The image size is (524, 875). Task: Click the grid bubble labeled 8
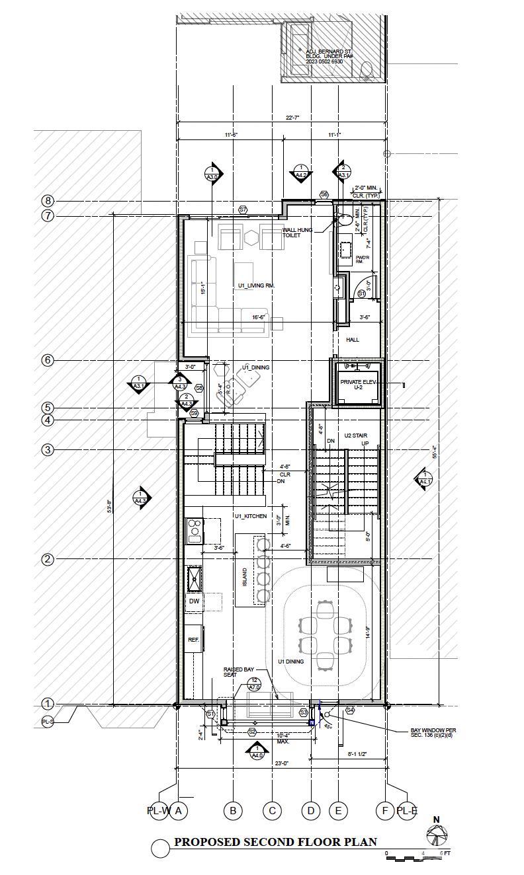pos(47,201)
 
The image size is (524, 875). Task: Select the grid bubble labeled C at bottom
pos(272,811)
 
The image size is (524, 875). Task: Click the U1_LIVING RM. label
pos(257,285)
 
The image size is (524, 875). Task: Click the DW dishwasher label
pos(194,601)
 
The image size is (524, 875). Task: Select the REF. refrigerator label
pos(193,640)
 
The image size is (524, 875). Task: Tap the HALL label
pos(353,340)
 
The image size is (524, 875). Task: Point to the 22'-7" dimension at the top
pos(292,118)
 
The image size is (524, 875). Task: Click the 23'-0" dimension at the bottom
pos(282,763)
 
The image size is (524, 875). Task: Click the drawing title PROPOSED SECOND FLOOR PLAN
pos(275,842)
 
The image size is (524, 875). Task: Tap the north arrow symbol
pos(437,835)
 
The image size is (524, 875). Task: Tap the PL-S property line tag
pos(48,722)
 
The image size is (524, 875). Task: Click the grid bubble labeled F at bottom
pos(386,811)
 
